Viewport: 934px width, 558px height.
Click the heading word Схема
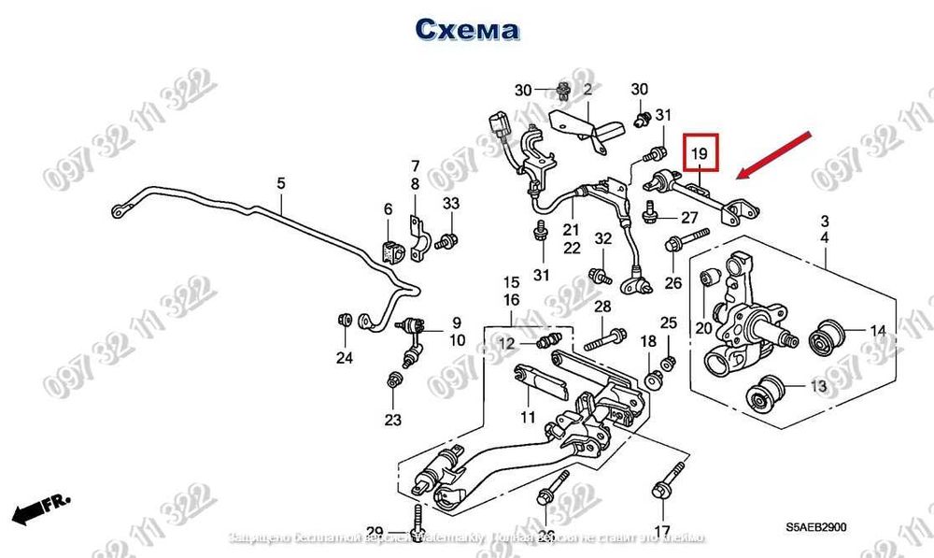(x=467, y=29)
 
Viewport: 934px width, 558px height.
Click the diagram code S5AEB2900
(x=816, y=528)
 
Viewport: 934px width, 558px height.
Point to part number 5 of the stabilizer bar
(x=281, y=184)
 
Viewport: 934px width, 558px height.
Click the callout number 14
(x=877, y=331)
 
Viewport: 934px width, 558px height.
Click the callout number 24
(x=345, y=358)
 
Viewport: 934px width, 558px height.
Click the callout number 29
(x=375, y=532)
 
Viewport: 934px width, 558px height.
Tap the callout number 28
(x=602, y=308)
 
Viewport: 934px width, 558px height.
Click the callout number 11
(x=528, y=417)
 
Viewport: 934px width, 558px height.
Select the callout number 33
(x=451, y=204)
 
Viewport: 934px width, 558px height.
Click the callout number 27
(x=689, y=219)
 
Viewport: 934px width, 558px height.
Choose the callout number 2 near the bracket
(x=588, y=91)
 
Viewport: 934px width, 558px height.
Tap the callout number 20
(x=703, y=328)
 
